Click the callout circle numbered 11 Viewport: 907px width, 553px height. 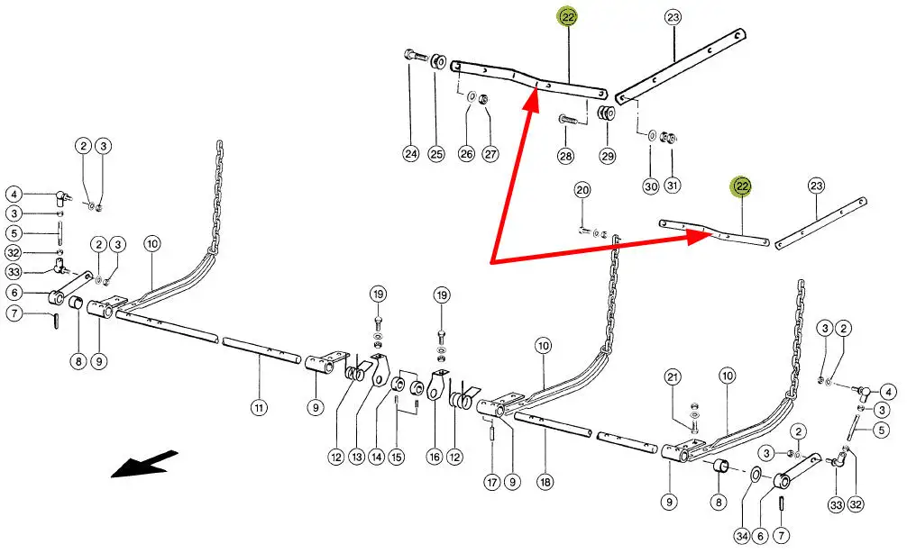pos(259,408)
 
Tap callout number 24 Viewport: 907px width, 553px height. pos(411,154)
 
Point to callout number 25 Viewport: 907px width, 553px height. pos(437,154)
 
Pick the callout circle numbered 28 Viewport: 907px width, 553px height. pos(565,157)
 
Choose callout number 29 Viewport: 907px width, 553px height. pos(607,157)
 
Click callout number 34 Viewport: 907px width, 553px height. pos(741,536)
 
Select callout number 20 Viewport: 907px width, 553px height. pos(582,190)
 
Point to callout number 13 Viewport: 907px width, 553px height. pos(356,458)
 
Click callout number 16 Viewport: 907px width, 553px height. pos(435,458)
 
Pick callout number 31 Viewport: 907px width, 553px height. pos(673,186)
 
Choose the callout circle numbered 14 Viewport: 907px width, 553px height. pos(376,458)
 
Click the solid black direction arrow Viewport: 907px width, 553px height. pos(140,466)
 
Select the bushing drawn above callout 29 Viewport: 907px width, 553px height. pos(606,114)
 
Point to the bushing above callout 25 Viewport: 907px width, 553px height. pos(438,63)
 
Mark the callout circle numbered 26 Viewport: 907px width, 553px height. pos(466,154)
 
